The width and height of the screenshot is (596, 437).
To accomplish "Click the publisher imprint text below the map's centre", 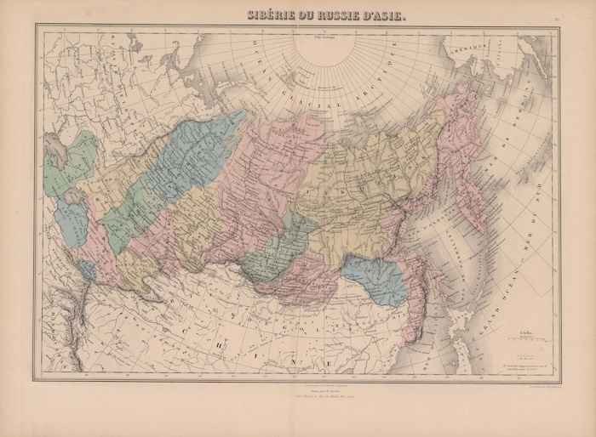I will pos(297,392).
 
